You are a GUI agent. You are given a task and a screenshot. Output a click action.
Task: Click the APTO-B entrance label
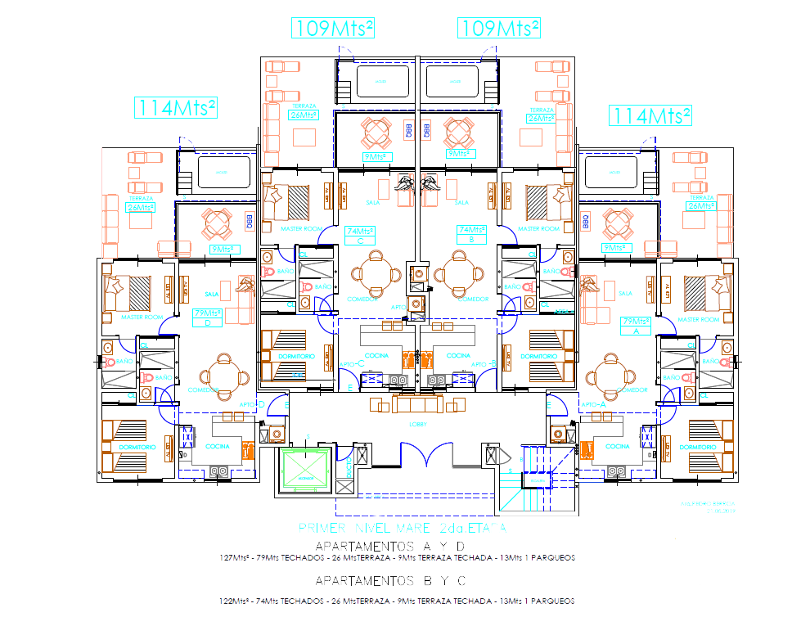pos(487,363)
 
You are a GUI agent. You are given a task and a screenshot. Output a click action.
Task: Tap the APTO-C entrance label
pos(351,363)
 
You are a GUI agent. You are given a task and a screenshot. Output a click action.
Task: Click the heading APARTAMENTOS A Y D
pos(390,546)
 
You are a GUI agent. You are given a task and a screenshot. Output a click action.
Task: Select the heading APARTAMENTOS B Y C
pos(390,581)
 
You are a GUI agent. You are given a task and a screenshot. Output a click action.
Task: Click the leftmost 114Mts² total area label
pos(177,107)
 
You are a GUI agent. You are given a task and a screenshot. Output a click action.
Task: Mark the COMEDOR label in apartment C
pos(362,299)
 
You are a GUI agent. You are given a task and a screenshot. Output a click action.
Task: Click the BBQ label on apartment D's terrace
pos(250,221)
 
